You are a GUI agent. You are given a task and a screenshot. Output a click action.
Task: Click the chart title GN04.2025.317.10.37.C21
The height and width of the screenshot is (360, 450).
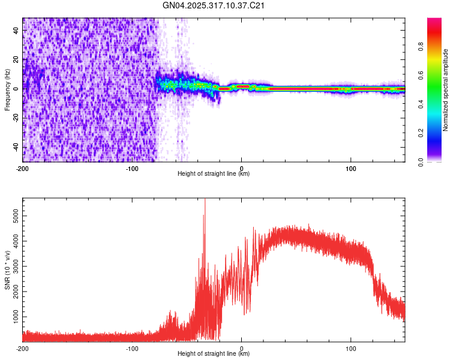point(214,6)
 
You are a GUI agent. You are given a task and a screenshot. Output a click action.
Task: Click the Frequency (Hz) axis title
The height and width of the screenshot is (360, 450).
point(7,90)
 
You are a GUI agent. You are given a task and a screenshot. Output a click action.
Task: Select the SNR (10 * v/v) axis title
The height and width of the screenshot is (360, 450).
point(7,269)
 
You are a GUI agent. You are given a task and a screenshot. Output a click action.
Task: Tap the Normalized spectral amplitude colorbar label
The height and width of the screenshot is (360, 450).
point(446,90)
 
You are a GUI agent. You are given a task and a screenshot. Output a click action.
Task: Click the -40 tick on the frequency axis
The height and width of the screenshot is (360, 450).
point(15,148)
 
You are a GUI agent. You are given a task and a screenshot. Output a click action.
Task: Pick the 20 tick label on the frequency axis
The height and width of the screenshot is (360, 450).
point(16,59)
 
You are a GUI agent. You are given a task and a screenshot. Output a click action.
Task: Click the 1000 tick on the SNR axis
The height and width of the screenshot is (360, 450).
point(13,316)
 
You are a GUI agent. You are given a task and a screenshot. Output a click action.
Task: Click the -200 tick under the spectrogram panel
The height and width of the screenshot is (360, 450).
point(23,168)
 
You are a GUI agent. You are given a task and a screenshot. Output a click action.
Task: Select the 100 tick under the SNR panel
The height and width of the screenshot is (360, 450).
point(350,348)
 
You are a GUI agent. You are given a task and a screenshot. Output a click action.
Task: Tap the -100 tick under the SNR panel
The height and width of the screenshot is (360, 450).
point(132,348)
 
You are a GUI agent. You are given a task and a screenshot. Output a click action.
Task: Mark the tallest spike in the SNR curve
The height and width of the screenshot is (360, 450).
point(205,200)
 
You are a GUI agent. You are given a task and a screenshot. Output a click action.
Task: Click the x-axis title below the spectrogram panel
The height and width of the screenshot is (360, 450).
point(214,174)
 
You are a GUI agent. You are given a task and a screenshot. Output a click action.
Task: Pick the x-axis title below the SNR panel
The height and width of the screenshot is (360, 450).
point(214,354)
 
